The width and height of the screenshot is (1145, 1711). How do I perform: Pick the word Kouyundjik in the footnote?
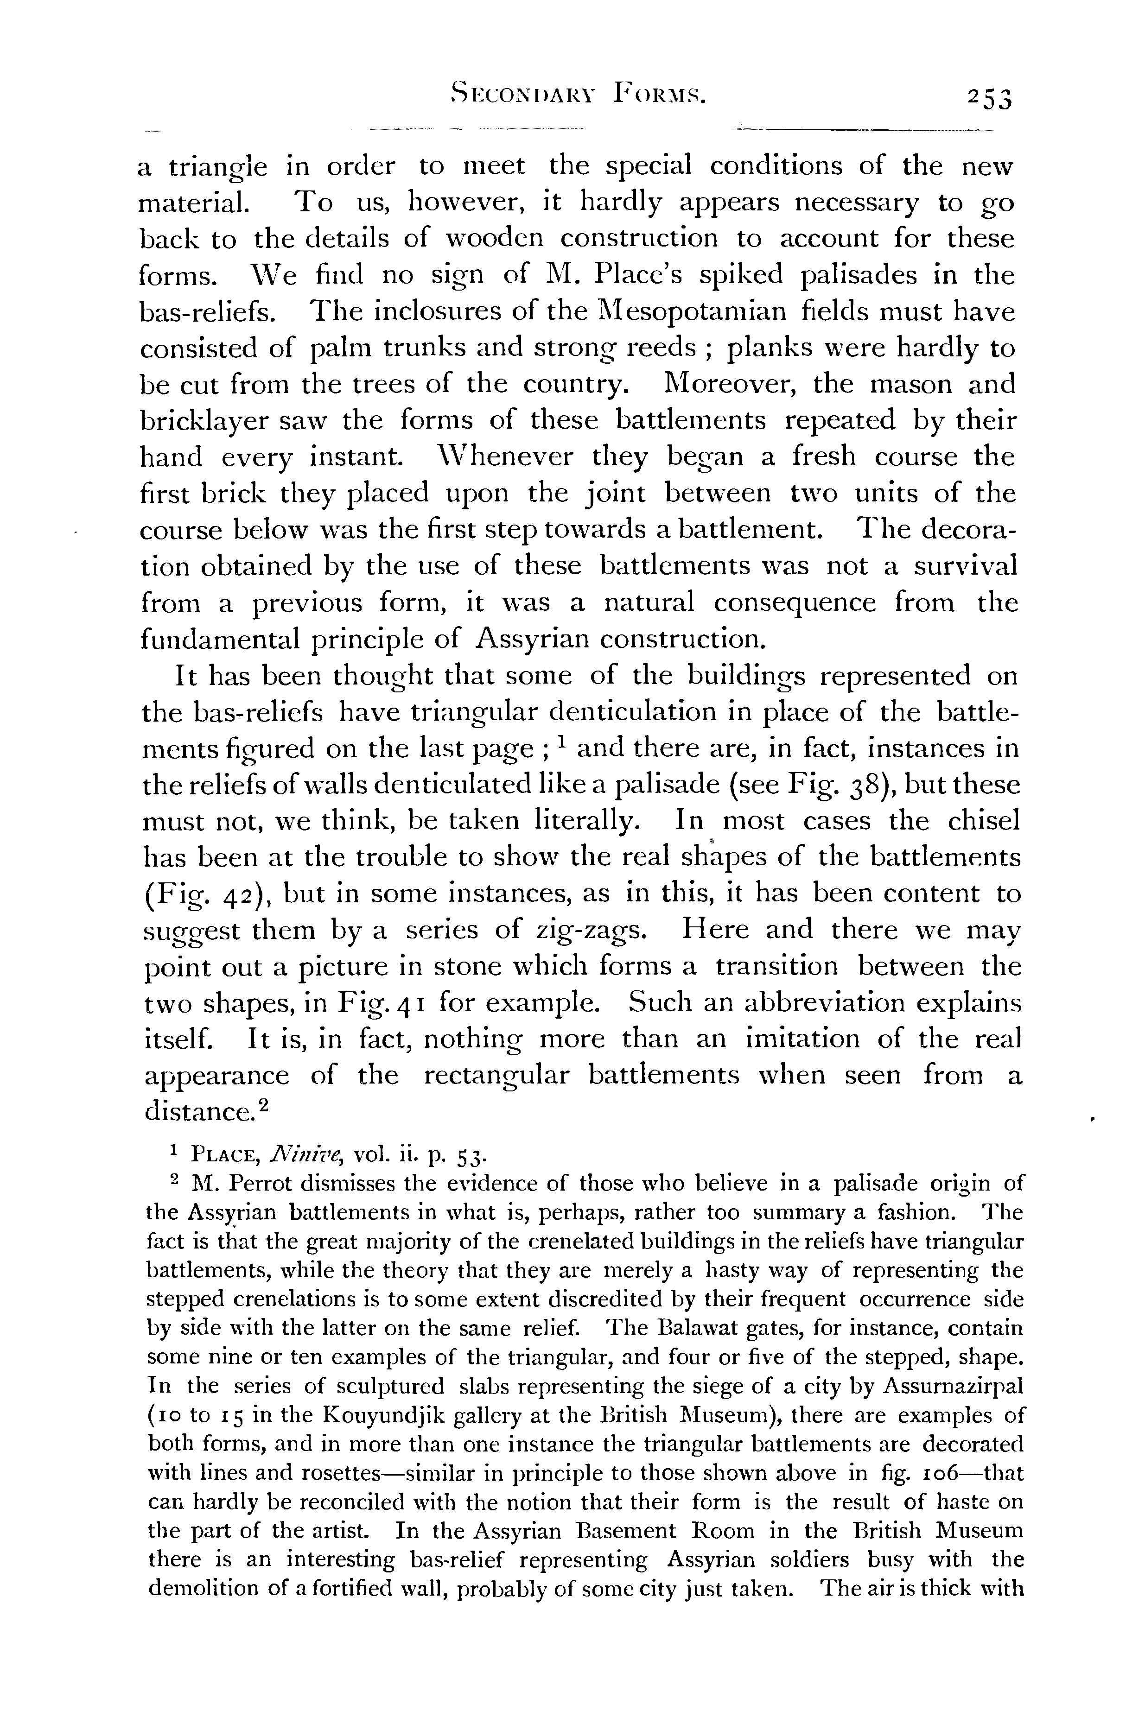tap(372, 1415)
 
